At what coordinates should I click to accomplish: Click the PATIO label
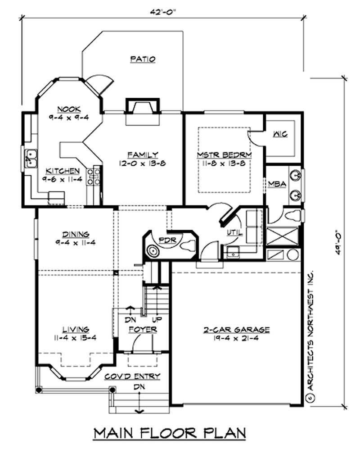[143, 59]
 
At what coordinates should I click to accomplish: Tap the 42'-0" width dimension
[163, 12]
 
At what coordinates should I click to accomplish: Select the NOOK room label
[69, 109]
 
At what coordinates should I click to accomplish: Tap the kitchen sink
[31, 159]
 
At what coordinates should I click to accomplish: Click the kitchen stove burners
[93, 177]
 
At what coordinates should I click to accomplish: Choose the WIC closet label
[280, 134]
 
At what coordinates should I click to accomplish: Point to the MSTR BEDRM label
[224, 155]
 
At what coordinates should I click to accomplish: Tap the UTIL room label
[234, 233]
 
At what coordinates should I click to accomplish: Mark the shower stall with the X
[283, 236]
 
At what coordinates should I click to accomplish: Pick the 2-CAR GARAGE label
[236, 330]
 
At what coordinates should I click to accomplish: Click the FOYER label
[143, 330]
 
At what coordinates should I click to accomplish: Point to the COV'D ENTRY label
[132, 377]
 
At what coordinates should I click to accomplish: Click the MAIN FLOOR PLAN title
[170, 433]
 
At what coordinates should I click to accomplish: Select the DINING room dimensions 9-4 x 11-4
[75, 243]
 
